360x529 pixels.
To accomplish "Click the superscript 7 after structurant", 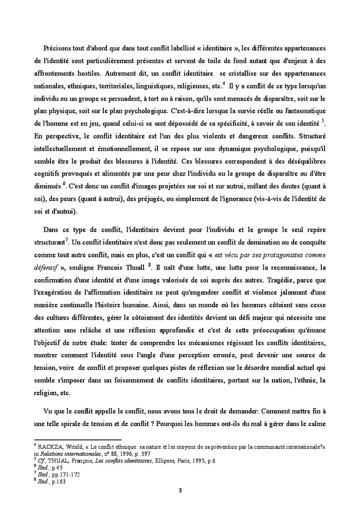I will (68, 238).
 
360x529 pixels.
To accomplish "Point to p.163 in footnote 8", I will (57, 481).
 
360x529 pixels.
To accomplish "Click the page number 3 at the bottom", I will (179, 490).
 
